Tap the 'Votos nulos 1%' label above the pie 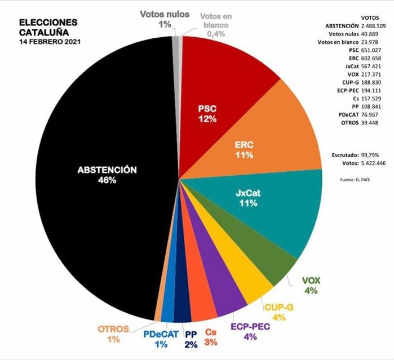[x=165, y=19]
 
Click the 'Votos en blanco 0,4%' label [x=216, y=25]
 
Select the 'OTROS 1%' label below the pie [x=113, y=334]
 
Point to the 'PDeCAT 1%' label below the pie [x=161, y=339]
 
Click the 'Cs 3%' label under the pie [x=211, y=337]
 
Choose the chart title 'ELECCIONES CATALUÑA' [x=48, y=28]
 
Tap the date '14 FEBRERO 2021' [x=50, y=42]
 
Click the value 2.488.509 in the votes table [x=373, y=26]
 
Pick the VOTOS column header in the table [x=370, y=18]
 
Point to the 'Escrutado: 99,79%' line [x=355, y=155]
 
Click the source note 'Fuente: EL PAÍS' [x=355, y=180]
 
